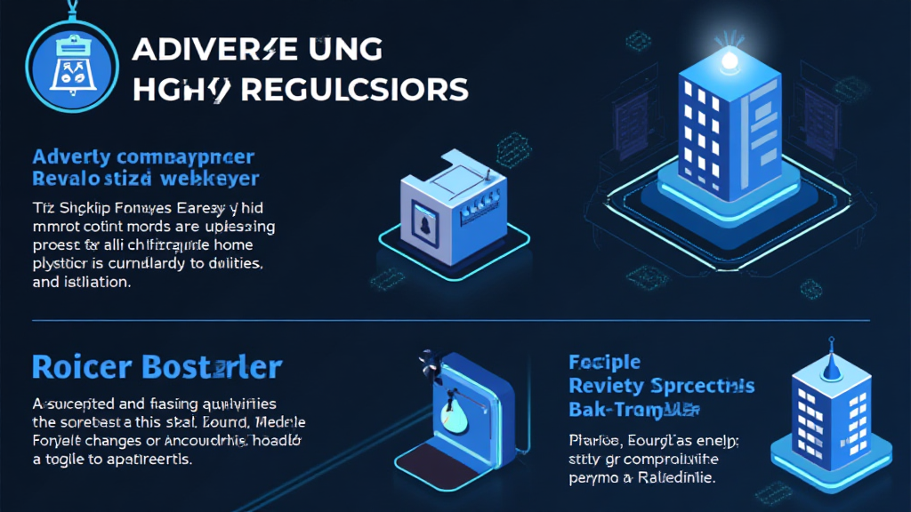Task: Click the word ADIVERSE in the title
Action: (213, 51)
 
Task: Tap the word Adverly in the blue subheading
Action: (71, 158)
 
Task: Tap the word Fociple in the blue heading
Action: (604, 363)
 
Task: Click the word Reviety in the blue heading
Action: (610, 386)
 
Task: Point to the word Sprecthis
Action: (706, 386)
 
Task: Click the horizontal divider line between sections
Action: (445, 320)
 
